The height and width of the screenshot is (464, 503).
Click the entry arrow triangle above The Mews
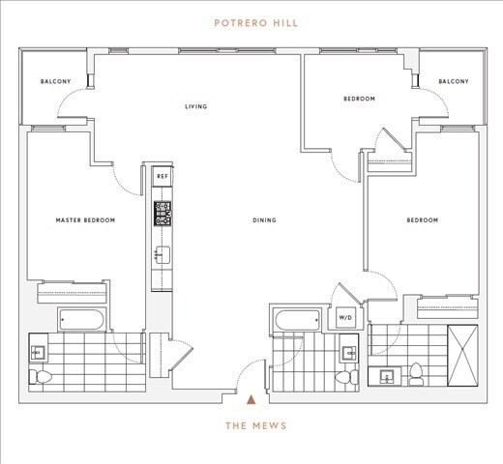pos(251,396)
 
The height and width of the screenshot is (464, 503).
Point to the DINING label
pos(264,220)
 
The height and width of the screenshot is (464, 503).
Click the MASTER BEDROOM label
pos(85,220)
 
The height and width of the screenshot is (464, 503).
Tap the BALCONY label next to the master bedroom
pos(55,81)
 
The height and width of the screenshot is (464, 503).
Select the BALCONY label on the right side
pos(453,81)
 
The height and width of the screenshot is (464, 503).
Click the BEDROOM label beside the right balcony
pos(359,100)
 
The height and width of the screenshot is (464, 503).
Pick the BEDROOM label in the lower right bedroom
pos(422,220)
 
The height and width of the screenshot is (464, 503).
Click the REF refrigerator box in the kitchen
pos(162,178)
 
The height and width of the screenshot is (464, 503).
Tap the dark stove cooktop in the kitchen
pos(161,213)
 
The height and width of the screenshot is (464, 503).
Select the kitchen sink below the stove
pos(161,255)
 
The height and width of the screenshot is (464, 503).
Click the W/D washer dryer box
pos(344,317)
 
